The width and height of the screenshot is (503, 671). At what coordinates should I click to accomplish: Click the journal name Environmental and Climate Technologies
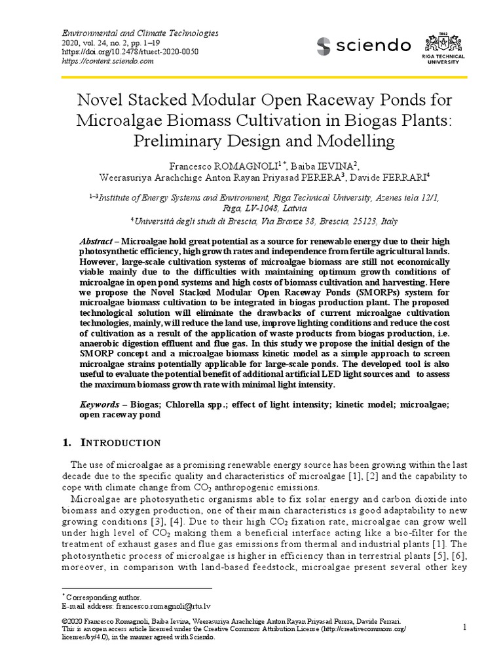[x=140, y=33]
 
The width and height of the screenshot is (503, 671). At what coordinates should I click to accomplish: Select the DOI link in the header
[x=130, y=52]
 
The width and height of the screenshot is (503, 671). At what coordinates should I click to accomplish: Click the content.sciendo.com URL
[x=107, y=61]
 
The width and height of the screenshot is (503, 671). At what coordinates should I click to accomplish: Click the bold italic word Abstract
[x=98, y=241]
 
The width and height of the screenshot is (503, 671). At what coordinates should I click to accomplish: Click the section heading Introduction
[x=124, y=443]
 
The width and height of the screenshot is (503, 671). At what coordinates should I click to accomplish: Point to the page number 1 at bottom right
[x=464, y=626]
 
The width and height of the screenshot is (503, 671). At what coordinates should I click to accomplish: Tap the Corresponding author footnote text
[x=103, y=597]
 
